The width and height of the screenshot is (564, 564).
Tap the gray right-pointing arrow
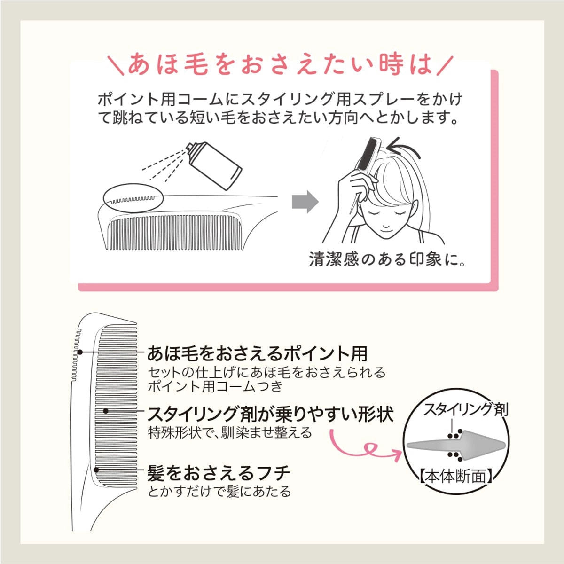tap(305, 203)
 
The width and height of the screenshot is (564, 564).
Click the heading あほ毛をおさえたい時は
tap(280, 65)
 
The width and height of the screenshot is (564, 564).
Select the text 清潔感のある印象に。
tap(387, 259)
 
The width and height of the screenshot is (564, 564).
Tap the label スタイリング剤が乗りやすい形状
tap(270, 414)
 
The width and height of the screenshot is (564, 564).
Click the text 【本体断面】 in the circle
tap(455, 477)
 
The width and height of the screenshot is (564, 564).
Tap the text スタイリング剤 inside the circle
tap(465, 409)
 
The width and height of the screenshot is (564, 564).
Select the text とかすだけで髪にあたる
tap(219, 492)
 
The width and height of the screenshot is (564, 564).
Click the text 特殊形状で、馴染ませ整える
tap(230, 432)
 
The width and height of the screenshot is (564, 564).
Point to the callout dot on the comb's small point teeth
tap(80, 352)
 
